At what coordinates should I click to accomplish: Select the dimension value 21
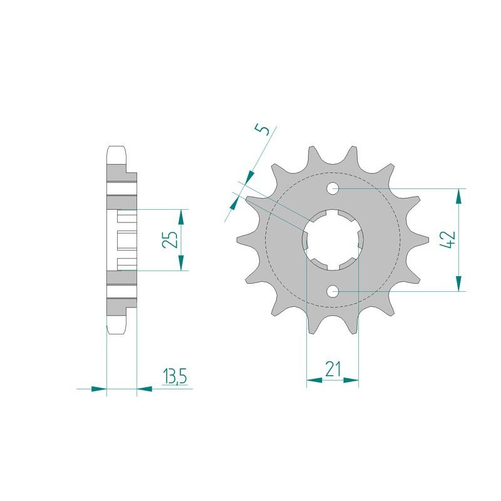tap(333, 369)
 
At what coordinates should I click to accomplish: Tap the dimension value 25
tap(170, 239)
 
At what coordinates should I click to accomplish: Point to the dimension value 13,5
tap(175, 376)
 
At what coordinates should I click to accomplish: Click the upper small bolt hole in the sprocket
tap(333, 189)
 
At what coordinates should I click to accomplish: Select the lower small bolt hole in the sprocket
tap(333, 291)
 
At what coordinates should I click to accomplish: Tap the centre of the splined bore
tap(333, 240)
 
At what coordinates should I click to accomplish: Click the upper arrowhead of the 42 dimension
tap(459, 196)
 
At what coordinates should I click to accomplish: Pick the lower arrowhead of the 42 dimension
tap(459, 284)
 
